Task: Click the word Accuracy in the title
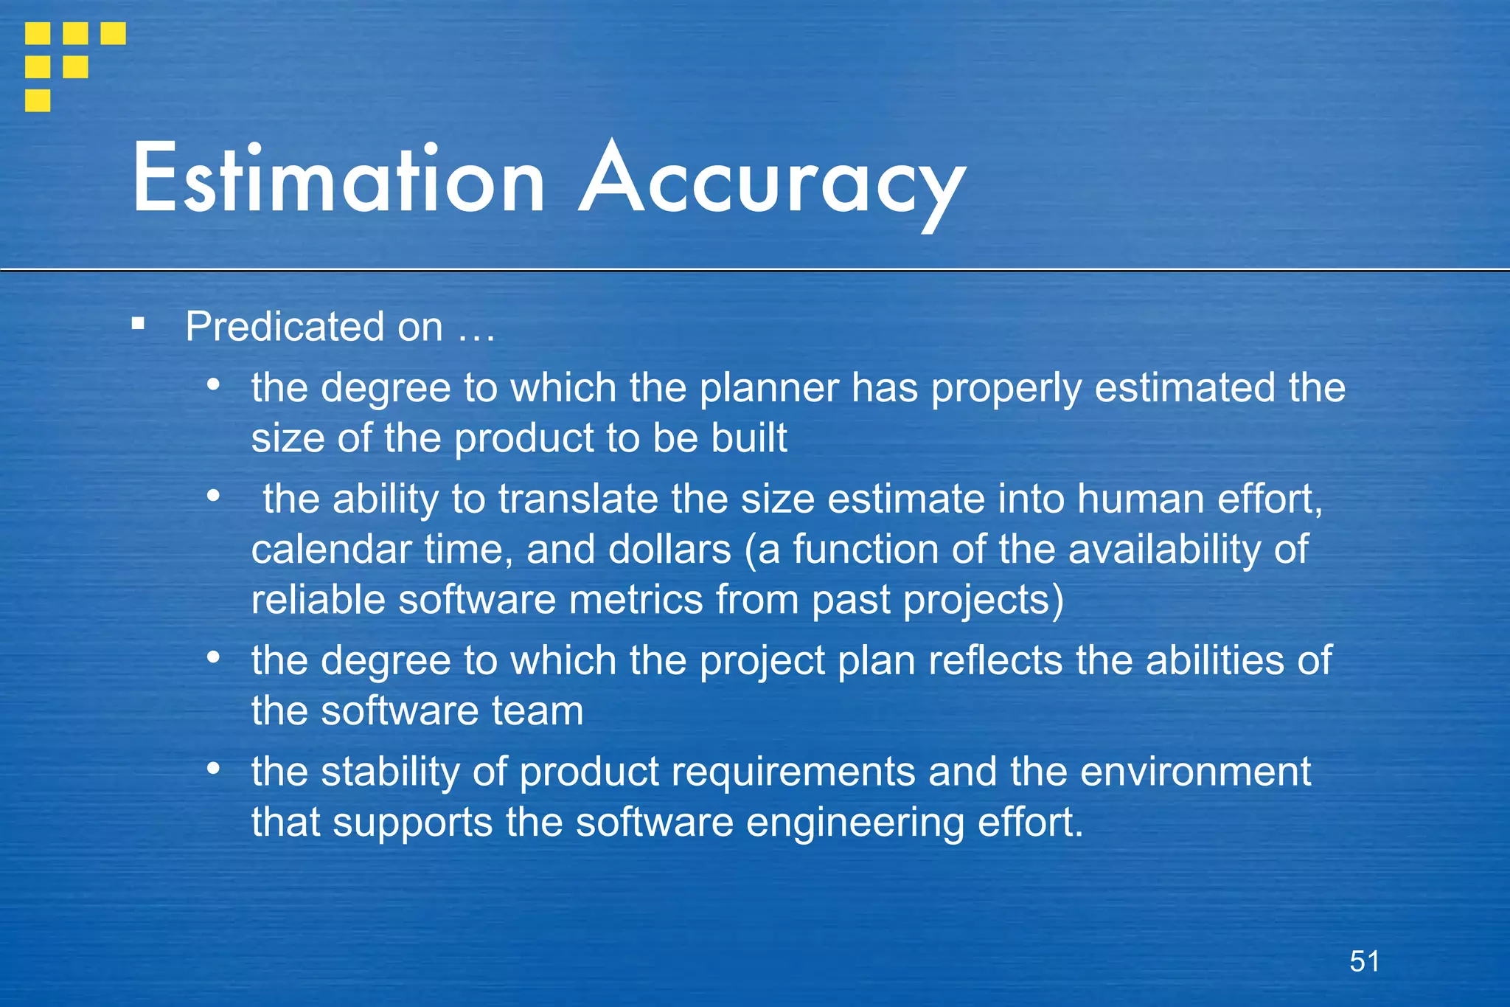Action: click(x=772, y=181)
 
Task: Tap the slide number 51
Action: click(x=1364, y=961)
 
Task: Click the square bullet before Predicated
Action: click(x=138, y=323)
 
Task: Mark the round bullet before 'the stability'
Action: click(x=214, y=768)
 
